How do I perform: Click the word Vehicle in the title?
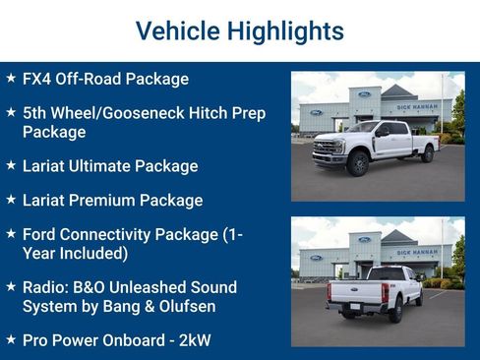(173, 30)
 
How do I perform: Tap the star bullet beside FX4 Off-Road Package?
(11, 78)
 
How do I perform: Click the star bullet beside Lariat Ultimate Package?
(11, 165)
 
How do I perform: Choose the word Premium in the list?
(104, 201)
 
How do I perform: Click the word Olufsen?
(187, 306)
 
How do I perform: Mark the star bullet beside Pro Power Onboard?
(11, 340)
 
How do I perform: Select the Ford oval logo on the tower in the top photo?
(364, 93)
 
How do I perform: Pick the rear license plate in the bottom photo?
(353, 305)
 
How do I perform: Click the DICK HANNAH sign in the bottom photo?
(417, 252)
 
